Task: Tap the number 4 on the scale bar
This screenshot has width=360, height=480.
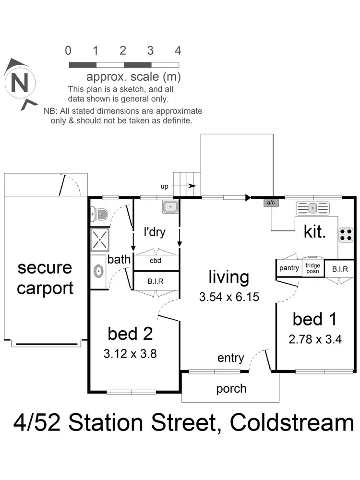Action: coord(178,50)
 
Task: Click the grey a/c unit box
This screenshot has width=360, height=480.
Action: coord(271,203)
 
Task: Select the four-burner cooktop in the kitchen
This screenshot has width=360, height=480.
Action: coord(346,234)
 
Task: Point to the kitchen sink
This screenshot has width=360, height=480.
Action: coord(313,208)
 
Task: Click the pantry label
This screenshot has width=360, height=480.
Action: coord(289,268)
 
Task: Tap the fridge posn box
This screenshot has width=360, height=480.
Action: coord(313,268)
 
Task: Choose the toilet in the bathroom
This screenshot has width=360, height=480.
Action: coord(99,213)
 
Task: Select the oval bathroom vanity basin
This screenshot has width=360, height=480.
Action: coord(98,271)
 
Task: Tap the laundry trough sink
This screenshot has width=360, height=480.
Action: coord(170,207)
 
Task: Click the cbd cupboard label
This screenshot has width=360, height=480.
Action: coord(155,261)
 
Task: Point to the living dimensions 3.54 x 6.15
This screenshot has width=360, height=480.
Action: coord(229,297)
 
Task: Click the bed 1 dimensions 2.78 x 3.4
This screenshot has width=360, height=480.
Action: coord(315,340)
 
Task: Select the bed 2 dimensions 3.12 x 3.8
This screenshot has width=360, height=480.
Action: coord(130,354)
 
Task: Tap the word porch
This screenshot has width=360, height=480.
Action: coord(231,388)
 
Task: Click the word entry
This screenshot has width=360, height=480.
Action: coord(231,358)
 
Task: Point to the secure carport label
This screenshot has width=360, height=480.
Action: coord(45,278)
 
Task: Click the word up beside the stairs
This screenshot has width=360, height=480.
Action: coord(165,186)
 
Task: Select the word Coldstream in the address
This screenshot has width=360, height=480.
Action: coord(292,423)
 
